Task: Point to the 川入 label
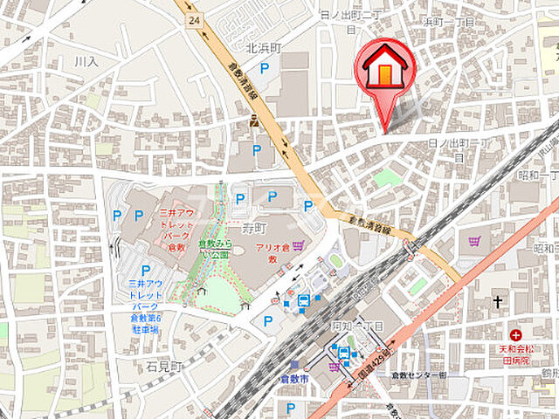click(86, 62)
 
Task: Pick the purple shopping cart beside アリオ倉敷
click(300, 246)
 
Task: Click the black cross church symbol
click(497, 301)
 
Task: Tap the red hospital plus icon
click(516, 334)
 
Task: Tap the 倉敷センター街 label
click(418, 374)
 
